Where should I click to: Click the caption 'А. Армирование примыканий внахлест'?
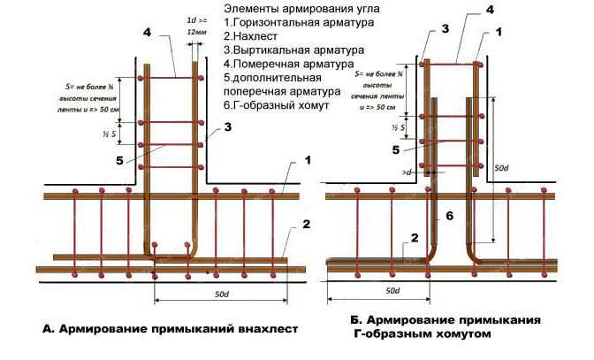(169, 331)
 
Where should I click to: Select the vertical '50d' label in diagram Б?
(501, 166)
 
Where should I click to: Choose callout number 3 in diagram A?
(228, 128)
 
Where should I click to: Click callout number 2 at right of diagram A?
(305, 225)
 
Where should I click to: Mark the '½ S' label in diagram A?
(104, 134)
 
